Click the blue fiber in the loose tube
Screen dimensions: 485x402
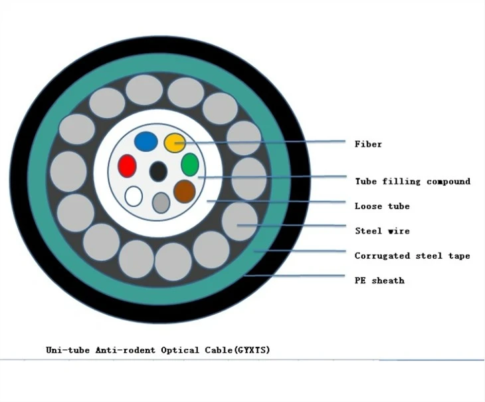click(146, 142)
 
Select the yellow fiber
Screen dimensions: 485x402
click(175, 142)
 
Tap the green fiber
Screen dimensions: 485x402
click(189, 164)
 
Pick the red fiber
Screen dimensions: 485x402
click(127, 166)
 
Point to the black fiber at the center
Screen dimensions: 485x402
click(158, 171)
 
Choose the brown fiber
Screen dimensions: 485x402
click(185, 191)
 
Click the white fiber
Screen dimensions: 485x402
click(134, 196)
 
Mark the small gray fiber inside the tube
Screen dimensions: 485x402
click(161, 203)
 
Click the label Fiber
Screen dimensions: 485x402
click(368, 144)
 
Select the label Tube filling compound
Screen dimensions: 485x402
click(413, 181)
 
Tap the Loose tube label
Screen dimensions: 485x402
click(382, 206)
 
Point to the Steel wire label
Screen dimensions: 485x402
click(382, 231)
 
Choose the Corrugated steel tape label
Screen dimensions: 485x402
click(413, 256)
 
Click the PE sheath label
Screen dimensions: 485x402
click(379, 280)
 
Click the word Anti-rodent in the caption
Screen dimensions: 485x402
click(126, 350)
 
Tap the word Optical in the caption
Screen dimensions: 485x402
click(180, 350)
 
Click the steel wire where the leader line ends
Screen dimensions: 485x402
click(240, 221)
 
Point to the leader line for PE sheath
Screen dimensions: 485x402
click(295, 276)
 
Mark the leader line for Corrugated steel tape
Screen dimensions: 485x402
click(300, 251)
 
